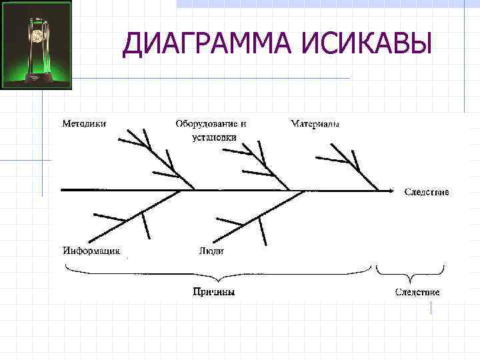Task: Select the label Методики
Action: coord(84,123)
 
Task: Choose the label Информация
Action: coord(91,251)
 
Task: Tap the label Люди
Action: coord(211,251)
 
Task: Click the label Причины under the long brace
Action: coord(213,292)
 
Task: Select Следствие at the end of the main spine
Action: coord(427,192)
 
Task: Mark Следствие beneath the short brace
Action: coord(417,292)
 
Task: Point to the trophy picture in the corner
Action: coord(36,45)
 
